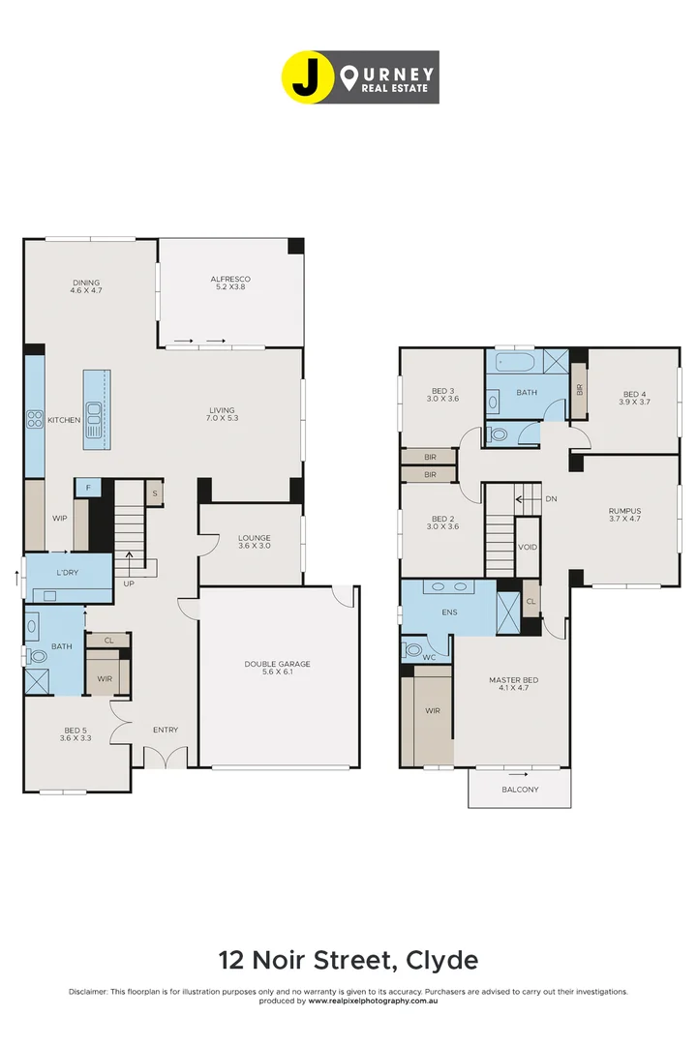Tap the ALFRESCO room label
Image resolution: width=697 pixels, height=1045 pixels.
(x=231, y=281)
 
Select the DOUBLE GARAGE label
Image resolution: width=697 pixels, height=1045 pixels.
(x=278, y=664)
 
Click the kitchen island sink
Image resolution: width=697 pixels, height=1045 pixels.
(x=95, y=420)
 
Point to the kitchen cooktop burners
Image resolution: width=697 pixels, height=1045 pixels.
(x=34, y=419)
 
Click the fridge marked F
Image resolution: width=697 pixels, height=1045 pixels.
(x=88, y=489)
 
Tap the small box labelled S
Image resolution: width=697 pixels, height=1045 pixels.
(x=154, y=493)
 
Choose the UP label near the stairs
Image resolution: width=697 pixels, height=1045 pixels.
(x=129, y=583)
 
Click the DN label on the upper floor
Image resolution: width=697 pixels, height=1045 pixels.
(x=551, y=499)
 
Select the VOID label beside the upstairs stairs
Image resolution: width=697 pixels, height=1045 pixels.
(x=528, y=547)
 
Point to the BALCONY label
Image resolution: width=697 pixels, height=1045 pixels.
(x=520, y=790)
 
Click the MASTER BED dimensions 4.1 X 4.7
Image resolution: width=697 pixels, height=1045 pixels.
(x=513, y=690)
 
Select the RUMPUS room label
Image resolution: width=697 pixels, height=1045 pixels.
(x=624, y=511)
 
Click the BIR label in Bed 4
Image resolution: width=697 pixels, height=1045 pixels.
(x=579, y=390)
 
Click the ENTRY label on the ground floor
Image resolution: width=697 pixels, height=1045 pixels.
(x=166, y=731)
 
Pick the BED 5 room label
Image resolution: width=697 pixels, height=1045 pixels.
(x=77, y=731)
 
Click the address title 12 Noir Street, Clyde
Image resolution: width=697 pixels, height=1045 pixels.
(x=348, y=960)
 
